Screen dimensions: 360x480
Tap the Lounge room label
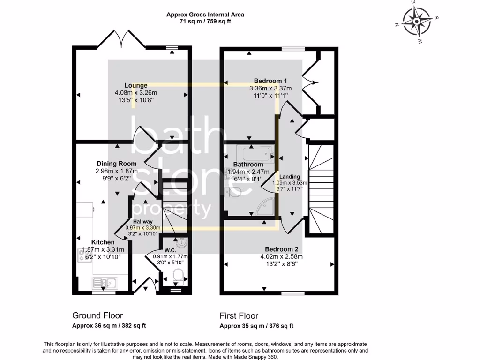136,85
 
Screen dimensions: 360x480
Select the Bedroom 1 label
270,81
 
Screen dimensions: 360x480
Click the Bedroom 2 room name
282,249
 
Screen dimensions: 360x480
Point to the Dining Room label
116,164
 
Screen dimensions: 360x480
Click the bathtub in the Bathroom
255,153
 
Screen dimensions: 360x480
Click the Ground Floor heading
97,315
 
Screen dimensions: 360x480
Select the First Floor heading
239,315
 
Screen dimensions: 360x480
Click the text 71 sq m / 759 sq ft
205,22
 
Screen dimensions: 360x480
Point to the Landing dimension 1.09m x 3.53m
290,183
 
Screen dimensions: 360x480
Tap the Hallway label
142,221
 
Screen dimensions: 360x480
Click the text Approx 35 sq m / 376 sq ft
257,326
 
